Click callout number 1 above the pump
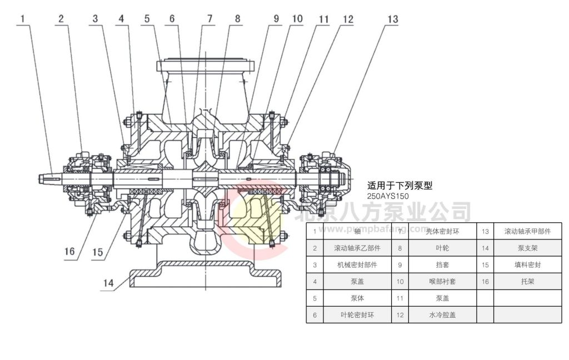coord(23,19)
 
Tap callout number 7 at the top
coord(209,19)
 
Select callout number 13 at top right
coord(392,19)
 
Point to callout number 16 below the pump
coord(69,252)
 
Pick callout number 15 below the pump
coord(97,252)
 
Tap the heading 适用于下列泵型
coord(400,186)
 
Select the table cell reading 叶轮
coord(442,248)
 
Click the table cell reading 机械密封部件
coord(357,265)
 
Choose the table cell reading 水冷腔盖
coord(442,315)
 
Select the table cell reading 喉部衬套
coord(442,282)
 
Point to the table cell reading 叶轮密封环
coord(357,315)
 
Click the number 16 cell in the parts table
coord(485,282)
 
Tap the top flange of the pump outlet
coord(207,66)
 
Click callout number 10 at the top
coord(297,19)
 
